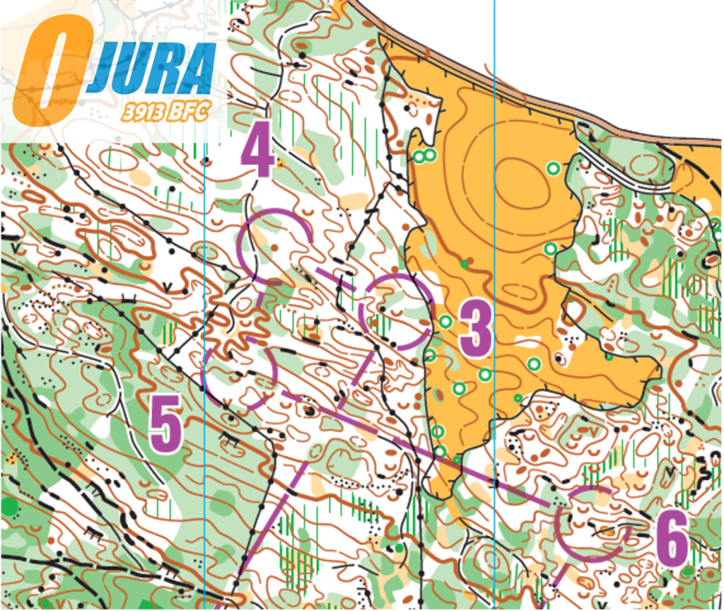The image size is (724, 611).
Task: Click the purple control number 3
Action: coord(476,327)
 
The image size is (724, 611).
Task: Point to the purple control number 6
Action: coord(671,540)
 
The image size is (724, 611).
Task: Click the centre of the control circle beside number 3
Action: coord(397,312)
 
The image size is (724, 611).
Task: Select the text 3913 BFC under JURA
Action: coord(166,112)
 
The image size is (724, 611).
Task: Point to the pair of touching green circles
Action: coord(423,156)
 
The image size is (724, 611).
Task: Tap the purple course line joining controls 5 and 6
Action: coord(424,453)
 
